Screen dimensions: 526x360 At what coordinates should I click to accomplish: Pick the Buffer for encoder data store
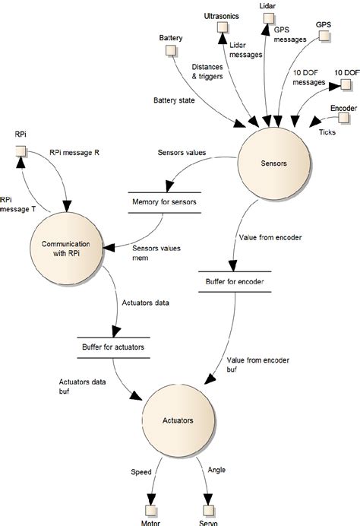(235, 281)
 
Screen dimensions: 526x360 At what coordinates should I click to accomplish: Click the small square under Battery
(171, 51)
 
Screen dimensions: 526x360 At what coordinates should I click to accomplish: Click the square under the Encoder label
(345, 122)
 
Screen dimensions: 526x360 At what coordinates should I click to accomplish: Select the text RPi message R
(74, 152)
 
